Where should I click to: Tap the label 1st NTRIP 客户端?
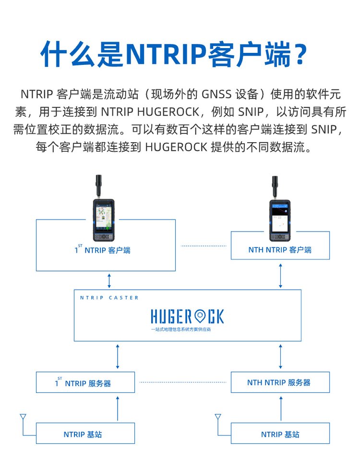(102, 250)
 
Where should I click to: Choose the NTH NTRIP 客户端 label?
(280, 250)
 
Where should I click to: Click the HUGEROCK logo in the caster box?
(187, 316)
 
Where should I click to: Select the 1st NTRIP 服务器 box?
(85, 383)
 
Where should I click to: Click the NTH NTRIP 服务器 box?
(280, 382)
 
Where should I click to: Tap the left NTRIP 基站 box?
(85, 434)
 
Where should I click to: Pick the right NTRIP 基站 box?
(280, 434)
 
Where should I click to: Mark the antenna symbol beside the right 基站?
(218, 417)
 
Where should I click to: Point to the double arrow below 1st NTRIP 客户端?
(109, 280)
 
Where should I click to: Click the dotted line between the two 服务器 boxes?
(182, 382)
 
